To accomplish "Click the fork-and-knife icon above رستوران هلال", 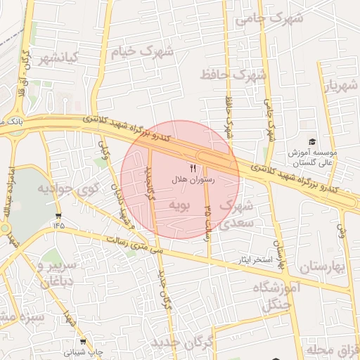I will point(193,169).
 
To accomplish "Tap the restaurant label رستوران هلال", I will point(193,181).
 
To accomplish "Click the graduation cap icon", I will point(311,141).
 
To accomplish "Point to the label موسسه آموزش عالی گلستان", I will point(311,157).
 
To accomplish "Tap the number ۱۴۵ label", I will point(58,226).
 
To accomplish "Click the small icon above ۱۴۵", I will point(58,215).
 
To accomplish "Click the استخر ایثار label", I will point(254,260).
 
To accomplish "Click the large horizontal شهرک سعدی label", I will point(236,215).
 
